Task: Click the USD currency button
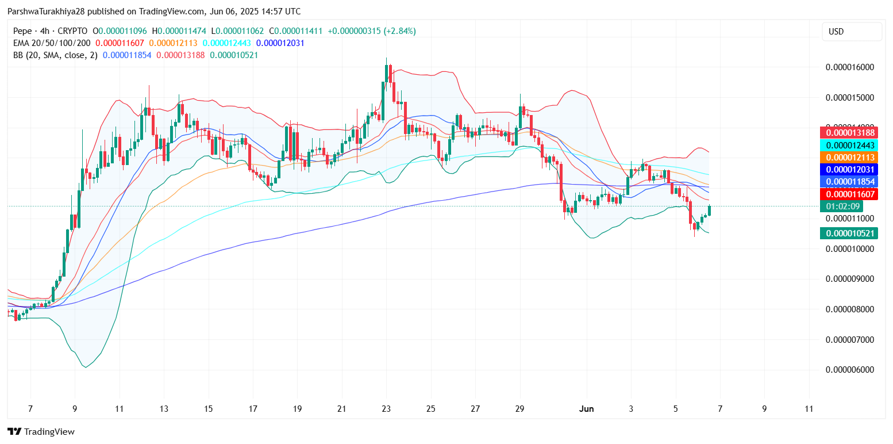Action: [852, 32]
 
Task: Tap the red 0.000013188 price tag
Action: [849, 133]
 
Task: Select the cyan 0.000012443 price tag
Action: [849, 145]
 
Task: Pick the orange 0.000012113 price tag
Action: [849, 157]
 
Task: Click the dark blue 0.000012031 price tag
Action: [849, 169]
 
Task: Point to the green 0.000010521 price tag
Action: [849, 233]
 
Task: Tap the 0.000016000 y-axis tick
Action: [849, 67]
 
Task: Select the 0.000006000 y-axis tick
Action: [849, 370]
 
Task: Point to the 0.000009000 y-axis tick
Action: [849, 279]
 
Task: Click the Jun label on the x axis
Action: [587, 409]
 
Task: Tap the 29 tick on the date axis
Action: [520, 409]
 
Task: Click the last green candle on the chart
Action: [710, 210]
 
